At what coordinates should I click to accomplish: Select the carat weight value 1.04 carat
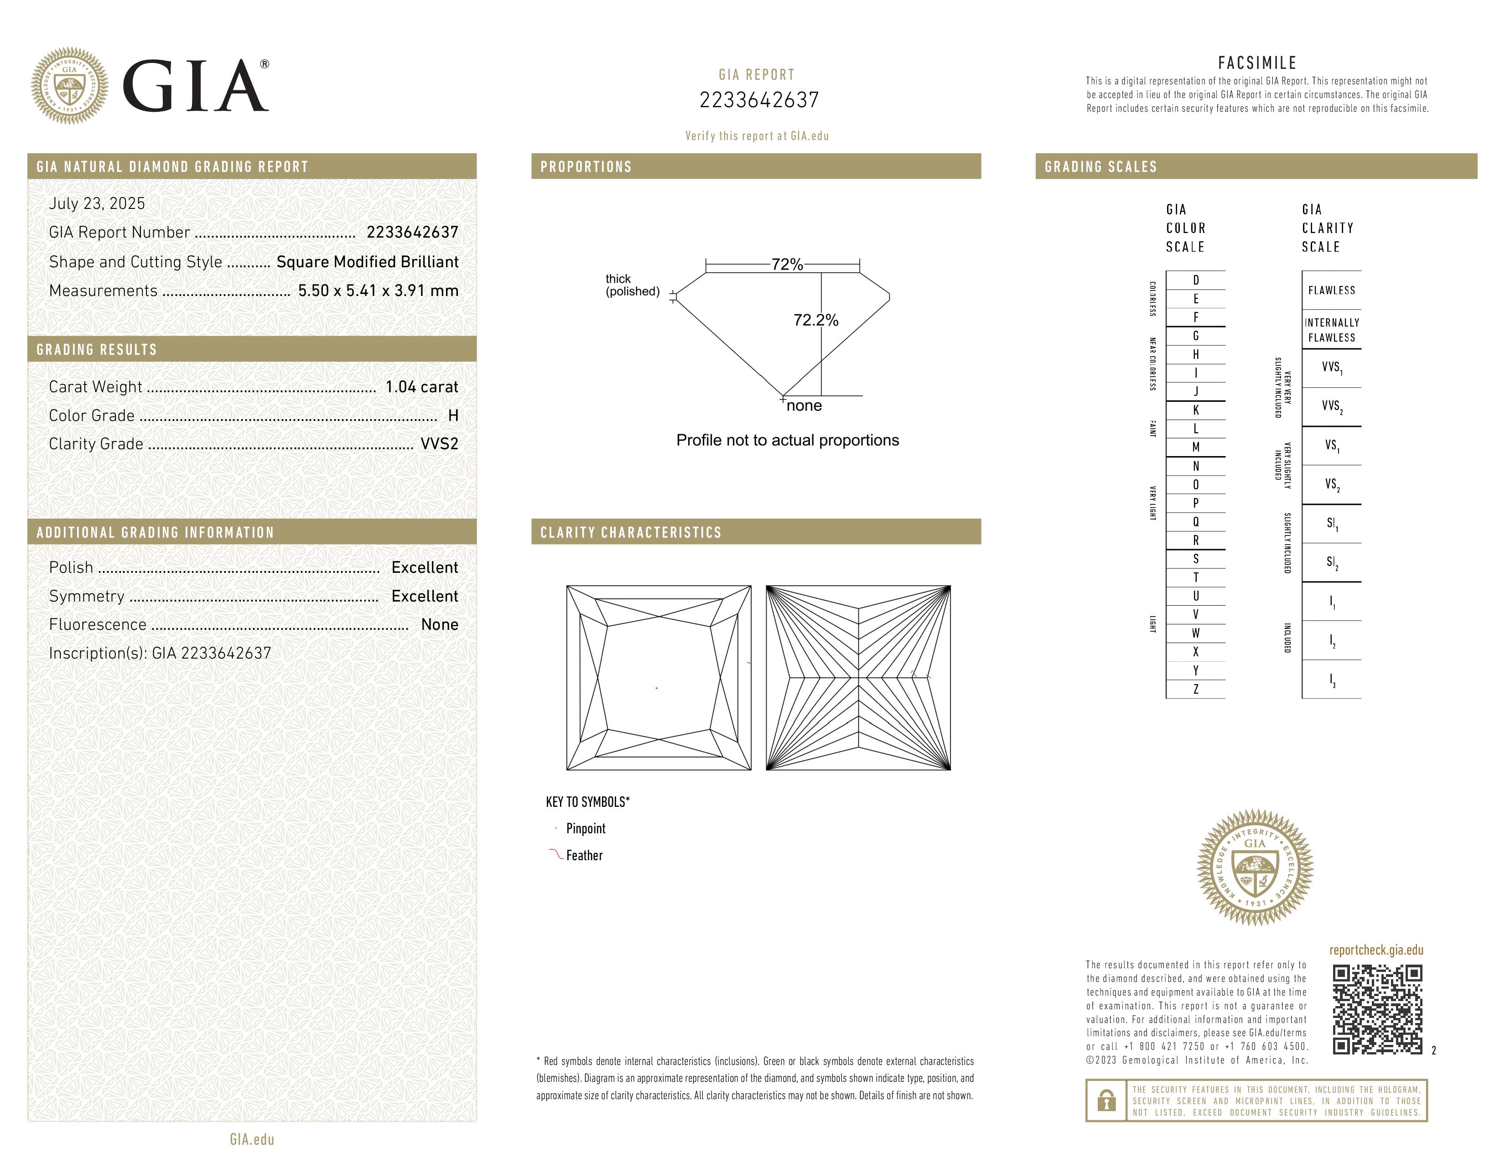[421, 387]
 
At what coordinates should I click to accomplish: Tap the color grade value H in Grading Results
[453, 415]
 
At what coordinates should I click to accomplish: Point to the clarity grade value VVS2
[439, 444]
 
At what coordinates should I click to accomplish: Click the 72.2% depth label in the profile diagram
[815, 320]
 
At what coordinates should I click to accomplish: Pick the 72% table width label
[787, 265]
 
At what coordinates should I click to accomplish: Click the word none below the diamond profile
[804, 406]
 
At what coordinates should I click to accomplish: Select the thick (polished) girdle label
[632, 285]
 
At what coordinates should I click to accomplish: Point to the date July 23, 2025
[97, 204]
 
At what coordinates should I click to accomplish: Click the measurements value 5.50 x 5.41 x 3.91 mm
[378, 291]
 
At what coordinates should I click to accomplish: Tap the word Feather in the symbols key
[584, 856]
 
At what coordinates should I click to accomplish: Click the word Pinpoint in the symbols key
[586, 829]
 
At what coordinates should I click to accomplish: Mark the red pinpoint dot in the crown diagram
[657, 688]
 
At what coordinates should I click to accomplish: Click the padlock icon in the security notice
[1106, 1101]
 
